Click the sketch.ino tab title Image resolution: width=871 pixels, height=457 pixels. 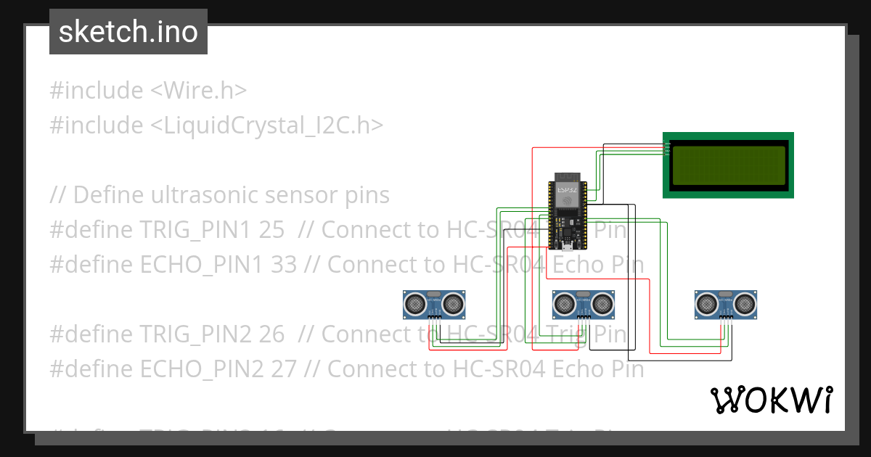tap(128, 32)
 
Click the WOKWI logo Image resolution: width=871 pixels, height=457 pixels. tap(771, 400)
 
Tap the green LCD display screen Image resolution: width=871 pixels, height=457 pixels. tap(728, 165)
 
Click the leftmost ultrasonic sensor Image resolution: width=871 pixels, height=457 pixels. tap(434, 304)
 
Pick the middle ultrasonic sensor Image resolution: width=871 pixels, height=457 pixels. tap(584, 304)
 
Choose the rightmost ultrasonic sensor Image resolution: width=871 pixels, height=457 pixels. tap(726, 304)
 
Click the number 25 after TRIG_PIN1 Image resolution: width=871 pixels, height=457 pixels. tap(271, 230)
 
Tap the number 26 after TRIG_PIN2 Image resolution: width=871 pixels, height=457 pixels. tap(271, 334)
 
